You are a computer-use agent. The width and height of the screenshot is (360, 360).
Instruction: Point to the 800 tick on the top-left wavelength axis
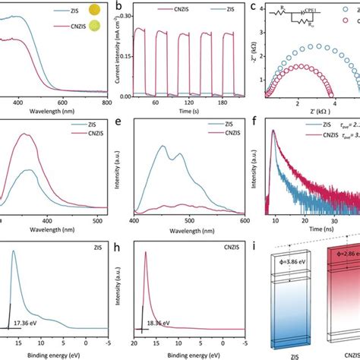[x=106, y=101]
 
